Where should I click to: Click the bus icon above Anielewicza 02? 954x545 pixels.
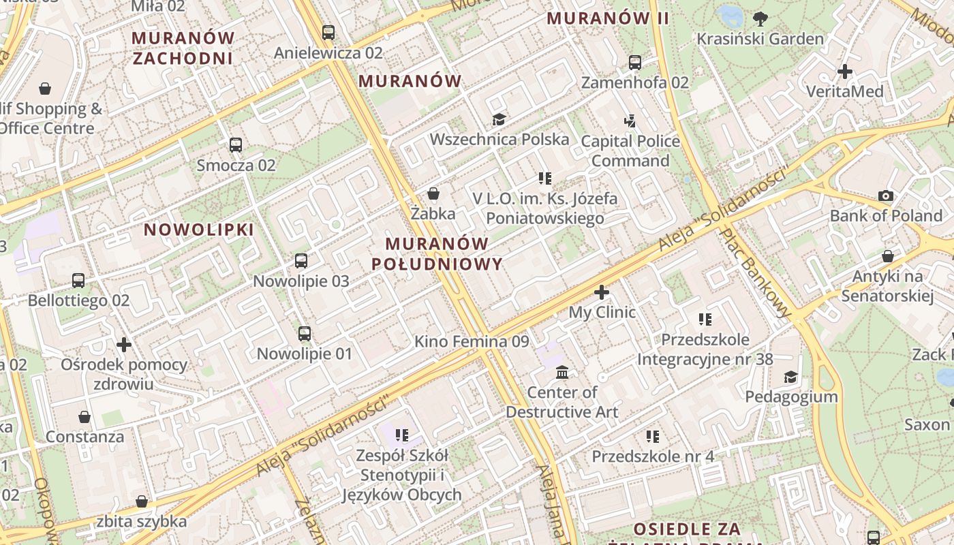[x=328, y=32]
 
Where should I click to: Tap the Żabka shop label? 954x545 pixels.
[x=433, y=213]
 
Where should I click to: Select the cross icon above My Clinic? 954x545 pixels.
[x=602, y=293]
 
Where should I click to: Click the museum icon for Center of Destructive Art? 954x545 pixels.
[x=562, y=373]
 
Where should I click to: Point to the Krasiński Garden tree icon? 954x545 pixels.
[x=760, y=19]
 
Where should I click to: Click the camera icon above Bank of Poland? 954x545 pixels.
[x=886, y=196]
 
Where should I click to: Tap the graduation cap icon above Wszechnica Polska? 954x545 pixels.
[x=499, y=120]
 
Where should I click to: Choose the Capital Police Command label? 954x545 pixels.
[x=630, y=151]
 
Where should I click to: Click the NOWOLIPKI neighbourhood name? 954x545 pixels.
[x=199, y=230]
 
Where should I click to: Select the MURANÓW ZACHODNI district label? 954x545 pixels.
[x=183, y=48]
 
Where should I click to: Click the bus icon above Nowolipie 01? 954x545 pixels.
[x=305, y=334]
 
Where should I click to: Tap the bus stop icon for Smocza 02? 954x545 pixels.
[x=236, y=145]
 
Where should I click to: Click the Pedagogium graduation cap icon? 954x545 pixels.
[x=790, y=377]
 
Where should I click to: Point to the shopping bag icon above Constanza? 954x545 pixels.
[x=84, y=417]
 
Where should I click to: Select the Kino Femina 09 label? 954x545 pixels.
[x=472, y=341]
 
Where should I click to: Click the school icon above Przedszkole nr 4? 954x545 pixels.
[x=653, y=436]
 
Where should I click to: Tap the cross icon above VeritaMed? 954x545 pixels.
[x=845, y=72]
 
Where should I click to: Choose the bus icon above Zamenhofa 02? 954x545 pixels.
[x=635, y=63]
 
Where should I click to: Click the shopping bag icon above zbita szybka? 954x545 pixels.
[x=141, y=502]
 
